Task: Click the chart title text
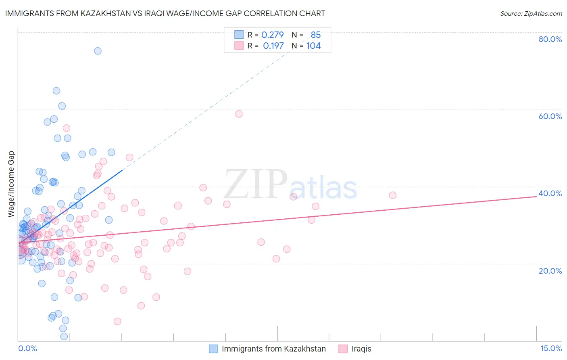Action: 165,13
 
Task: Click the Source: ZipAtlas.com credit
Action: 531,13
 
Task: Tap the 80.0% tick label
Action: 550,39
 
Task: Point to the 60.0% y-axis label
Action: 550,116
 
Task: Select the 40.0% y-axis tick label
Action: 550,193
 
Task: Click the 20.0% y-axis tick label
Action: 550,270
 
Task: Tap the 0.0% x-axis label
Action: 27,348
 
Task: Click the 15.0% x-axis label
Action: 551,348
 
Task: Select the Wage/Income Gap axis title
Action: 11,184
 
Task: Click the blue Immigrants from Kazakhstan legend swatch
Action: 213,349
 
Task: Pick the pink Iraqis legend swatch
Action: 343,349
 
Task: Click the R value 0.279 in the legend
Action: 273,35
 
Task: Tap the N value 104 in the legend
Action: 313,46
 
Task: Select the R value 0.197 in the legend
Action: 273,46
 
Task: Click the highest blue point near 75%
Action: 98,51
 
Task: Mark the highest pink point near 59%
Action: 239,114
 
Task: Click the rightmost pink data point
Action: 392,195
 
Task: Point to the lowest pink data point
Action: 117,321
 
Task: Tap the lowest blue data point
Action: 64,336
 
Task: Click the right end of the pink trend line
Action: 536,196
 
